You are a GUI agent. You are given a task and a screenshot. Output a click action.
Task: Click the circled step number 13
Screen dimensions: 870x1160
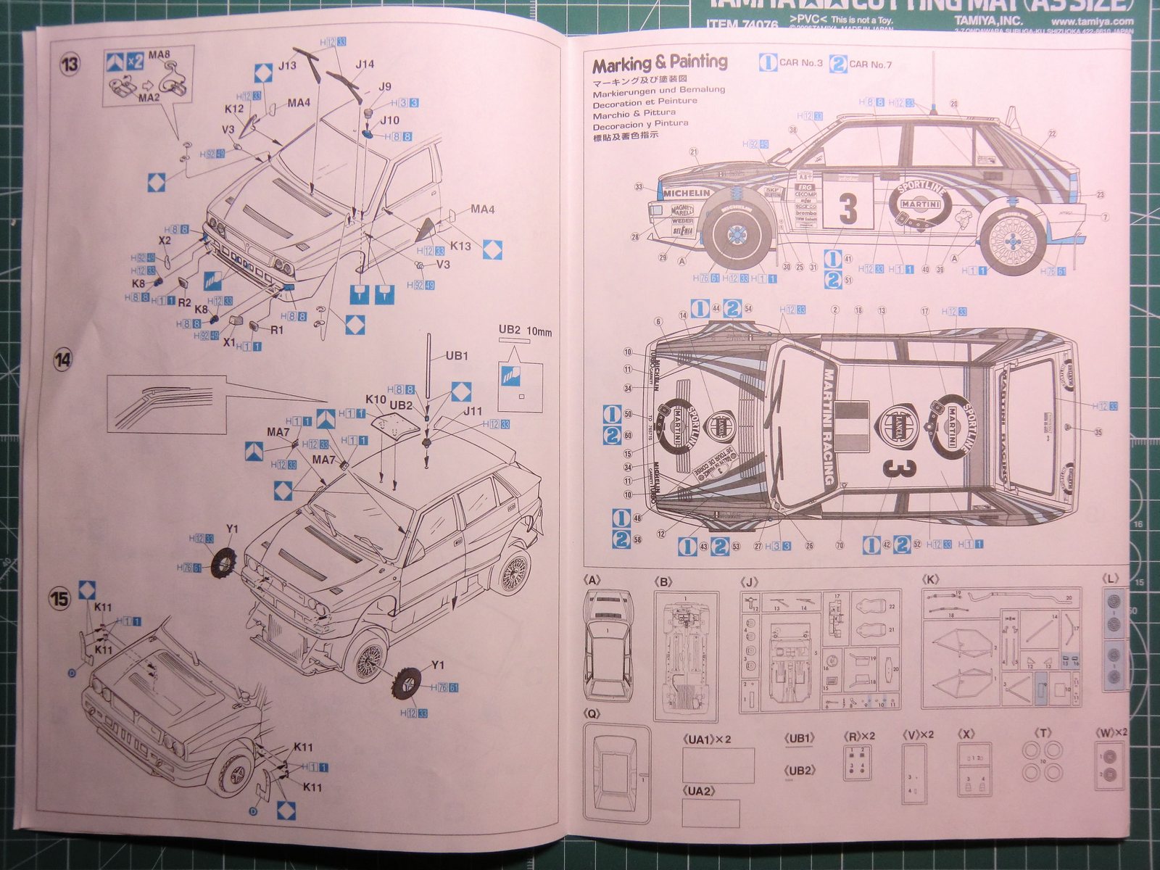pyautogui.click(x=69, y=65)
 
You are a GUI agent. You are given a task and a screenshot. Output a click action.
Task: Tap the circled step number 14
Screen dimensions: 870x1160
pyautogui.click(x=63, y=360)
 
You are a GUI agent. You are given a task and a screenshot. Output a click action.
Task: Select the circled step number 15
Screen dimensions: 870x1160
pyautogui.click(x=59, y=598)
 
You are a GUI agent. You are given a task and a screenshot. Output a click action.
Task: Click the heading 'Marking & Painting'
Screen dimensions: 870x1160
pyautogui.click(x=660, y=64)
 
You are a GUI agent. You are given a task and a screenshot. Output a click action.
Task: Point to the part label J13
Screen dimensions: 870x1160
pyautogui.click(x=286, y=66)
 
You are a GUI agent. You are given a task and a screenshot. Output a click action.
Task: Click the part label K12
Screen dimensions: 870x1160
pyautogui.click(x=234, y=109)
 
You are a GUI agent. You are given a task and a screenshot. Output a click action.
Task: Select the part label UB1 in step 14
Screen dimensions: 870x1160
pyautogui.click(x=457, y=355)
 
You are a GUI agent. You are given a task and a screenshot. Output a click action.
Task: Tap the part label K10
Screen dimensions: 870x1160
pyautogui.click(x=376, y=399)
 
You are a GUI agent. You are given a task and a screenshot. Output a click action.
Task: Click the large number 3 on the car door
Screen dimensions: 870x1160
pyautogui.click(x=848, y=208)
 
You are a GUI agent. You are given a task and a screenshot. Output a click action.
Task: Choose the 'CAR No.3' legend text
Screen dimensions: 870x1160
pyautogui.click(x=800, y=63)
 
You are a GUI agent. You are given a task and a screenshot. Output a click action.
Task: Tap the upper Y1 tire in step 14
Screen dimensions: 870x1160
pyautogui.click(x=225, y=559)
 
